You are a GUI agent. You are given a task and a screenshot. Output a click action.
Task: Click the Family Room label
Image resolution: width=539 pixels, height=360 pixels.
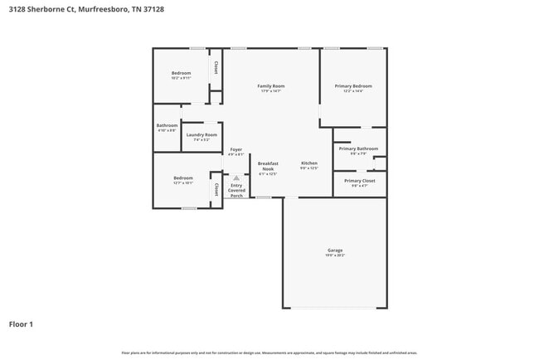click(x=270, y=85)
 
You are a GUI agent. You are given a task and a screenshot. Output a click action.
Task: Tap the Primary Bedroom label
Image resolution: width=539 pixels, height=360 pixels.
click(x=353, y=85)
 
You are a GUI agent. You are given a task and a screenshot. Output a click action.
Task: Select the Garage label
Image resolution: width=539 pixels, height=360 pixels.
click(x=335, y=250)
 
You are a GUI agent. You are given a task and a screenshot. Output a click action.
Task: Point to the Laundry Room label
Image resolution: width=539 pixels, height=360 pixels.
click(x=202, y=134)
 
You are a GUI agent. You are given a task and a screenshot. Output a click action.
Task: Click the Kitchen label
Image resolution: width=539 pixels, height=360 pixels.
click(x=309, y=163)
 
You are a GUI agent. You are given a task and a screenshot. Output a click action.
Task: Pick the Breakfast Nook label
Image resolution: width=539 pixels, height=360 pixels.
click(x=267, y=166)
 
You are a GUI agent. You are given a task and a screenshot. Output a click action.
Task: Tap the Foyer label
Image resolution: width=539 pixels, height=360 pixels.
click(x=236, y=149)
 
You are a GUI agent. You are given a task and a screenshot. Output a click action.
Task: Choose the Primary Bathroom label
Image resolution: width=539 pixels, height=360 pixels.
click(x=358, y=148)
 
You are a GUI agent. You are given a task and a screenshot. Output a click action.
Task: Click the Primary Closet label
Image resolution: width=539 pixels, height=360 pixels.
click(x=359, y=180)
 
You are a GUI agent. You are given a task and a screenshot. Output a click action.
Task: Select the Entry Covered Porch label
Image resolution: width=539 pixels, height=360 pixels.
click(x=236, y=191)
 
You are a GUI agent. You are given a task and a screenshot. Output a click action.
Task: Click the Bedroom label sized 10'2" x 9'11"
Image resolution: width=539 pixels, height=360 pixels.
click(x=182, y=73)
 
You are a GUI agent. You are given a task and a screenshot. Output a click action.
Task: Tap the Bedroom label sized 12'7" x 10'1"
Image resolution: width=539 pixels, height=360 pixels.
click(x=183, y=178)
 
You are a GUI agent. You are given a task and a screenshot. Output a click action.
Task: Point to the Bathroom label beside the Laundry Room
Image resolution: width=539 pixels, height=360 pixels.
click(x=167, y=125)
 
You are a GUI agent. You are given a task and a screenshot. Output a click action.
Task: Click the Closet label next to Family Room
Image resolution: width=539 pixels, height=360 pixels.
click(x=216, y=67)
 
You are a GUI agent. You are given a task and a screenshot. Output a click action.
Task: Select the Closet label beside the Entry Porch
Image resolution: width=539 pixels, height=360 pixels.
click(x=216, y=190)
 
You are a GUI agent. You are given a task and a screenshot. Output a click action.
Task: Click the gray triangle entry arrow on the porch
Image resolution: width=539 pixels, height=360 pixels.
click(x=236, y=178)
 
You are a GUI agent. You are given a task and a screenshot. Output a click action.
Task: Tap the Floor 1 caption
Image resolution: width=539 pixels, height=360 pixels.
click(x=21, y=324)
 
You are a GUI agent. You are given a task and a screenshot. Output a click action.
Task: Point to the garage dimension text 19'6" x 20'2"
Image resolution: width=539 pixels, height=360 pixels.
click(x=335, y=255)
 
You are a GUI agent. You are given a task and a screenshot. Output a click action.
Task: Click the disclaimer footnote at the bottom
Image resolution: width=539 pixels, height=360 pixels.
click(x=269, y=353)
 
